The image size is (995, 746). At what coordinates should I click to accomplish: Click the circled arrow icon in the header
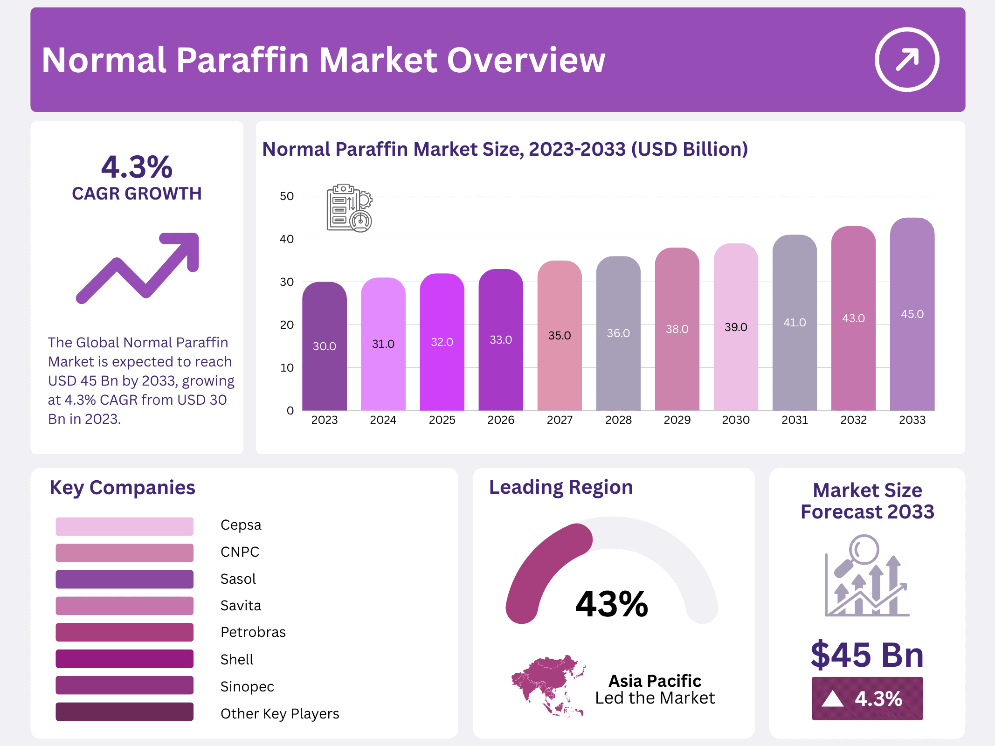tap(906, 60)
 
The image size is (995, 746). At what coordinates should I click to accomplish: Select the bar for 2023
tap(324, 354)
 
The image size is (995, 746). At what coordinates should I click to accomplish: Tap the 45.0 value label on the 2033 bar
tap(912, 314)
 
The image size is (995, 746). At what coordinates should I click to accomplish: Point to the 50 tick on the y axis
tap(287, 196)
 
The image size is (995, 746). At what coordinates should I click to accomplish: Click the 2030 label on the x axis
tap(736, 420)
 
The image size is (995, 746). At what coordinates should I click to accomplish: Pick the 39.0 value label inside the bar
tap(736, 327)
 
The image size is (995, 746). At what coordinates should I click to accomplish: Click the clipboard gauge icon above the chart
tap(349, 208)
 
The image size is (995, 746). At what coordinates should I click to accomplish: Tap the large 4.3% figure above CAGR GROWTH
tap(137, 167)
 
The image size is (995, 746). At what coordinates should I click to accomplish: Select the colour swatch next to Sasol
tap(124, 579)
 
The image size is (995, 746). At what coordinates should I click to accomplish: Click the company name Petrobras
tap(253, 632)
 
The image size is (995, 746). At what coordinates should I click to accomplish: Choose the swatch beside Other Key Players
tap(124, 712)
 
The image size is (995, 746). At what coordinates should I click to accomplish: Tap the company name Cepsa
tap(241, 525)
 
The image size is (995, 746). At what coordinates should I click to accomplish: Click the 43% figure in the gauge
tap(611, 604)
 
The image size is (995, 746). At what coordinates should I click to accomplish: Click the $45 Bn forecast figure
tap(867, 655)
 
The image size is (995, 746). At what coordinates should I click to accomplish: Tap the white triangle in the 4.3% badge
tap(832, 699)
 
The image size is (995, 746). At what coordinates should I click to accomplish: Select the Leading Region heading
tap(560, 487)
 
